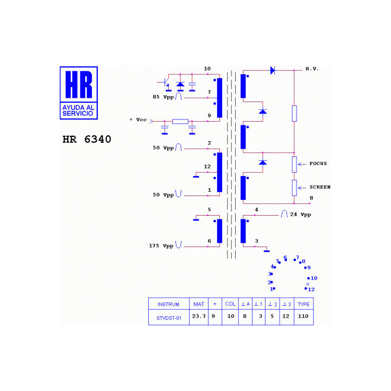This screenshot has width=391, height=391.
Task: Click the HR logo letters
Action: (79, 84)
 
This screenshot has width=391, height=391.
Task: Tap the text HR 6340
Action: (87, 139)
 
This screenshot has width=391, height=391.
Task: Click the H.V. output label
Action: (312, 69)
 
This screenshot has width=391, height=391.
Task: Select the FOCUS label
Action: (318, 163)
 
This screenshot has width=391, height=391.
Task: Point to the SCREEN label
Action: (320, 187)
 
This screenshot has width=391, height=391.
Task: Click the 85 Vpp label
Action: (163, 97)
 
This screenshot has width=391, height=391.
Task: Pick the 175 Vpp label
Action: (161, 246)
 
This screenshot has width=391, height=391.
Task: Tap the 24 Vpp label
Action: (300, 215)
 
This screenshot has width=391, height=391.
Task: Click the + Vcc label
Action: (138, 119)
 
